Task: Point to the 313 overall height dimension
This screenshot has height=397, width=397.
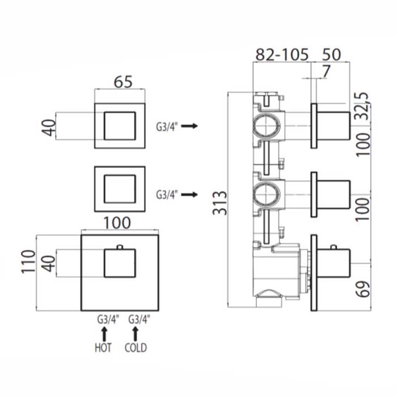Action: (x=222, y=202)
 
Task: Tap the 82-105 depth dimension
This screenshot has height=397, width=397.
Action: (x=282, y=55)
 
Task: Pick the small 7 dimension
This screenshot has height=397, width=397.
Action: (x=324, y=71)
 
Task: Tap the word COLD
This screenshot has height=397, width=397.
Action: (x=136, y=347)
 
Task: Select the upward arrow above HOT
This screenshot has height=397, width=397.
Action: (x=104, y=332)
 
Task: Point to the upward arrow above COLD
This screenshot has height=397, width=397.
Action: (x=136, y=332)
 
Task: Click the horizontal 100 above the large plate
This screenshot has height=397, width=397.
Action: (x=118, y=223)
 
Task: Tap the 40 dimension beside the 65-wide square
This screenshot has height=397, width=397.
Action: (x=50, y=125)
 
